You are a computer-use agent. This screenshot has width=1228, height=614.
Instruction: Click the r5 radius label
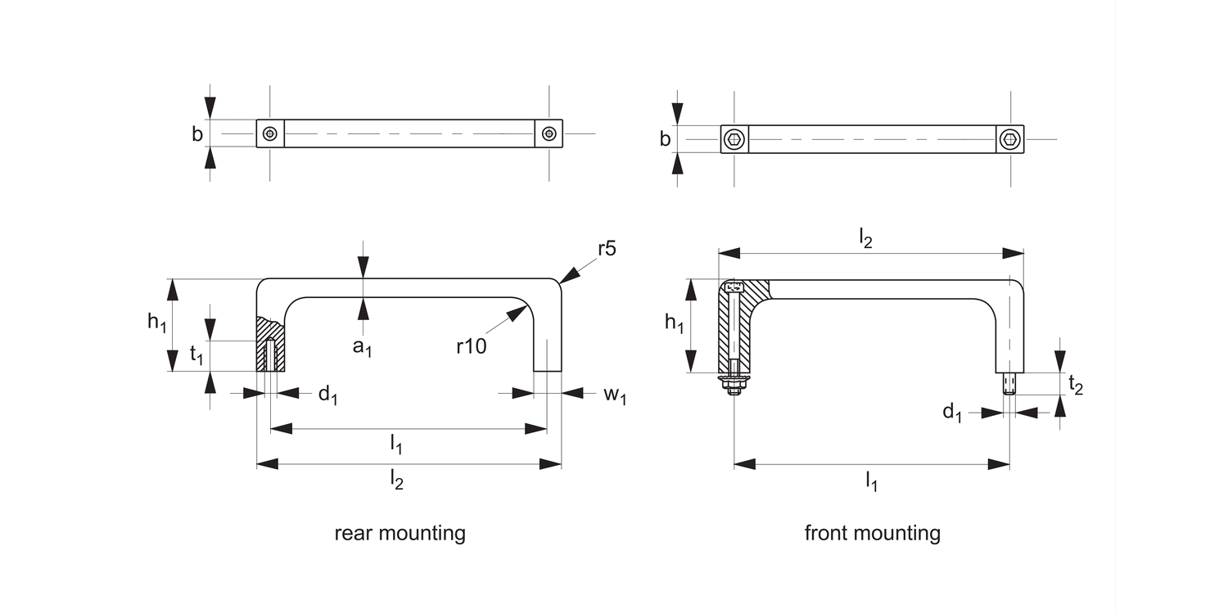[606, 249]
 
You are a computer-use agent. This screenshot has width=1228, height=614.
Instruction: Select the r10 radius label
[472, 346]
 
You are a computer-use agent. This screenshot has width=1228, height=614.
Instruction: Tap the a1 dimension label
[362, 346]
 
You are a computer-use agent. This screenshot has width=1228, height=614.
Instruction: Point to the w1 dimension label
[615, 395]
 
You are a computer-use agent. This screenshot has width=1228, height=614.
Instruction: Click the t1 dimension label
[196, 354]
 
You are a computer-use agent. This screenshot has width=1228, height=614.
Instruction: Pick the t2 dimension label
[1076, 385]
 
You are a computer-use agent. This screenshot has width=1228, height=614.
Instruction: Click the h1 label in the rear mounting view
[157, 323]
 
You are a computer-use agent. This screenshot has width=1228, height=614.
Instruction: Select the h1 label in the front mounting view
[674, 323]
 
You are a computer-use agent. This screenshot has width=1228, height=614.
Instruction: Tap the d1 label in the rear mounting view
[327, 395]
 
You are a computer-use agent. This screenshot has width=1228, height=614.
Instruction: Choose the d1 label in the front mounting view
[951, 413]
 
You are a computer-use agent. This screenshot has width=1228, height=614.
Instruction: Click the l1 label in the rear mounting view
[395, 445]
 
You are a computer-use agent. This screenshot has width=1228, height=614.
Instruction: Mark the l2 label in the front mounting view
[865, 237]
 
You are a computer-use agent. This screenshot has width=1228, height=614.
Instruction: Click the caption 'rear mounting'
[400, 534]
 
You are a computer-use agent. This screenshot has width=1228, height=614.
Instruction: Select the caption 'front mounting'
[872, 534]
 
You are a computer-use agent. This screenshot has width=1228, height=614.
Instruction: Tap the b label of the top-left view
[197, 134]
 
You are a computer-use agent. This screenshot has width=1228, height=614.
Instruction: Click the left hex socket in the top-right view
[734, 140]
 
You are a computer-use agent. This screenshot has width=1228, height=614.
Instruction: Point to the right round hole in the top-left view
[549, 133]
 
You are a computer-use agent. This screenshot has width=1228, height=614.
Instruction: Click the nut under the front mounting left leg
[734, 386]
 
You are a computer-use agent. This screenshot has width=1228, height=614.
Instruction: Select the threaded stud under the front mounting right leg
[1009, 383]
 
